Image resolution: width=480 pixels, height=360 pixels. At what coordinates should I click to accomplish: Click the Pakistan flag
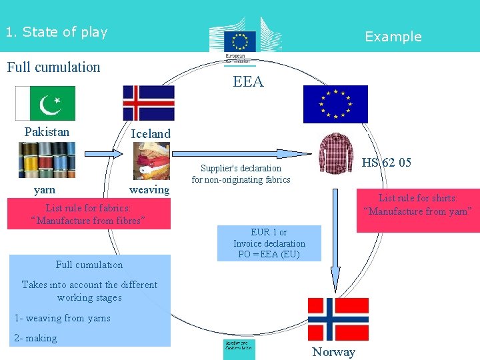[x=45, y=103]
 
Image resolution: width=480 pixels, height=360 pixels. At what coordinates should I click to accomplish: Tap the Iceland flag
[x=148, y=103]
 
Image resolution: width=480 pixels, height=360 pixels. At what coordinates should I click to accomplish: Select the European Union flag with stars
[x=335, y=105]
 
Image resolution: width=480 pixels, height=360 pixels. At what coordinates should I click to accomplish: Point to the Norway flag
[x=337, y=319]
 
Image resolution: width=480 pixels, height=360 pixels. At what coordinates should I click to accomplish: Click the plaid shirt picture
[x=335, y=153]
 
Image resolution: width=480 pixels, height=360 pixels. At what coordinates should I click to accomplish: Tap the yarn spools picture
[x=47, y=161]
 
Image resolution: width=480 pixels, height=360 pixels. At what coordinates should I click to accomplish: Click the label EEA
[x=248, y=82]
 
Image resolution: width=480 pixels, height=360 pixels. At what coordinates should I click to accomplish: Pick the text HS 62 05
[x=386, y=163]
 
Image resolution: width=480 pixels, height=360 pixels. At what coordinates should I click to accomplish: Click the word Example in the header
[x=393, y=37]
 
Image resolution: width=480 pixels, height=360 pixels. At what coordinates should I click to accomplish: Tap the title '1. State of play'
[x=56, y=31]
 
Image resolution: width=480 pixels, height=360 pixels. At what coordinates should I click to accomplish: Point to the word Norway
[x=333, y=352]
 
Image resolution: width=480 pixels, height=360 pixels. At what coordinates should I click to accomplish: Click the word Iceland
[x=151, y=133]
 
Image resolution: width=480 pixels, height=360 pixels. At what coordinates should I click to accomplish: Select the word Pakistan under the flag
[x=47, y=131]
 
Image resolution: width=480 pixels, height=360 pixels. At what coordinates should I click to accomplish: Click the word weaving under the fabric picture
[x=149, y=190]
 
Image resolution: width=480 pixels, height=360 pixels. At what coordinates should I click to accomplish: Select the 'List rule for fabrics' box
[x=88, y=214]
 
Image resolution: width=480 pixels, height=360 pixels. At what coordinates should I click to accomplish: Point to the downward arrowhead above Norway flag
[x=335, y=279]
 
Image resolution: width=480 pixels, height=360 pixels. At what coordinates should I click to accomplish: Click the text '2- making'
[x=36, y=338]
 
